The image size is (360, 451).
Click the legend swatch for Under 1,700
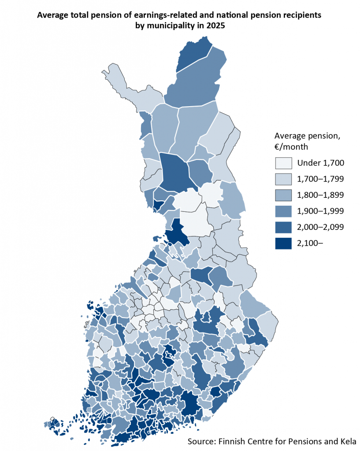283,163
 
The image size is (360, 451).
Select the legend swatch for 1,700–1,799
283,179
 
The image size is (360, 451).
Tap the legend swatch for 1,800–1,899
283,195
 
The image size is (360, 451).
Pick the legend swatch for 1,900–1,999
283,211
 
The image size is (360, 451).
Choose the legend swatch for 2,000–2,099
283,227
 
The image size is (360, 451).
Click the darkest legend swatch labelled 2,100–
283,243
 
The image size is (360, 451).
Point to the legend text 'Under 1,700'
320,163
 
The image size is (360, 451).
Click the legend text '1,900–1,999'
320,211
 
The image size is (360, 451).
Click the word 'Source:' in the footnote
201,441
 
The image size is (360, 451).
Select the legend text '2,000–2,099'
320,227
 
